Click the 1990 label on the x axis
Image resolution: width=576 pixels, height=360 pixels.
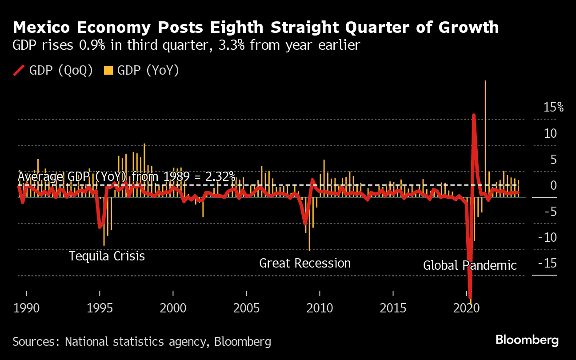coord(26,308)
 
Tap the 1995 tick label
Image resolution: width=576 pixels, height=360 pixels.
coord(100,308)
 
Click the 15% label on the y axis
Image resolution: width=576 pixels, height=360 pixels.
coord(553,107)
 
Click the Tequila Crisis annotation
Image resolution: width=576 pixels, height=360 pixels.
coord(107,256)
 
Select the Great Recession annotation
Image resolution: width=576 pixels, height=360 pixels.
coord(305,263)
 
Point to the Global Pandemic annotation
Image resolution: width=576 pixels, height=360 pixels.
coord(470,266)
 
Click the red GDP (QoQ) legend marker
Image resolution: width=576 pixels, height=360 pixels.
coord(19,70)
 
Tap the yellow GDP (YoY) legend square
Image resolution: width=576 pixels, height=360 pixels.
coord(108,70)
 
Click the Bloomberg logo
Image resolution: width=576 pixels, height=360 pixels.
coord(527,340)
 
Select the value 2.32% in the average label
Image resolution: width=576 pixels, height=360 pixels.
coord(220,177)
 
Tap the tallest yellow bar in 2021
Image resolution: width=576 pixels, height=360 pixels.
coord(485,133)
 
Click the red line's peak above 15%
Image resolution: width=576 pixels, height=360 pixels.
coord(474,115)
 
